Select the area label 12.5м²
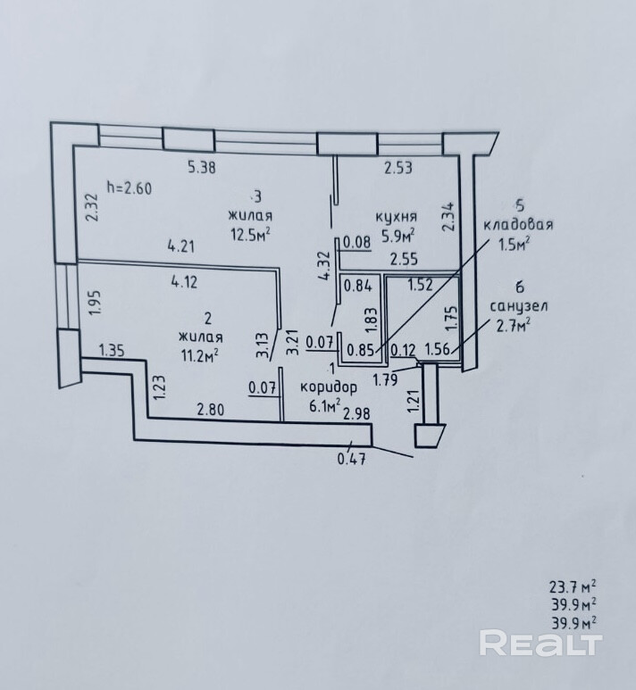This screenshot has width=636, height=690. pyautogui.click(x=249, y=234)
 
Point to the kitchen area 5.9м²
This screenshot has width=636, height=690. pyautogui.click(x=398, y=237)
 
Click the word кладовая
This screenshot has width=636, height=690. pyautogui.click(x=518, y=225)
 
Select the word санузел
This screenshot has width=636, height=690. pyautogui.click(x=519, y=305)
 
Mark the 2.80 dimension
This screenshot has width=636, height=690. pyautogui.click(x=211, y=410)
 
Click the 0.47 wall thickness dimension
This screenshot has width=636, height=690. pyautogui.click(x=352, y=461)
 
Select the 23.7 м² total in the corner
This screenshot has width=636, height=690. pyautogui.click(x=573, y=586)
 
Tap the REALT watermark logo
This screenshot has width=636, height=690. pyautogui.click(x=540, y=643)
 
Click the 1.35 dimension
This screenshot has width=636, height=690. pyautogui.click(x=113, y=349)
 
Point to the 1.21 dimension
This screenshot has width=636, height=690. pyautogui.click(x=413, y=403)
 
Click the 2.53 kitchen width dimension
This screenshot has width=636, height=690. pyautogui.click(x=398, y=166)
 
